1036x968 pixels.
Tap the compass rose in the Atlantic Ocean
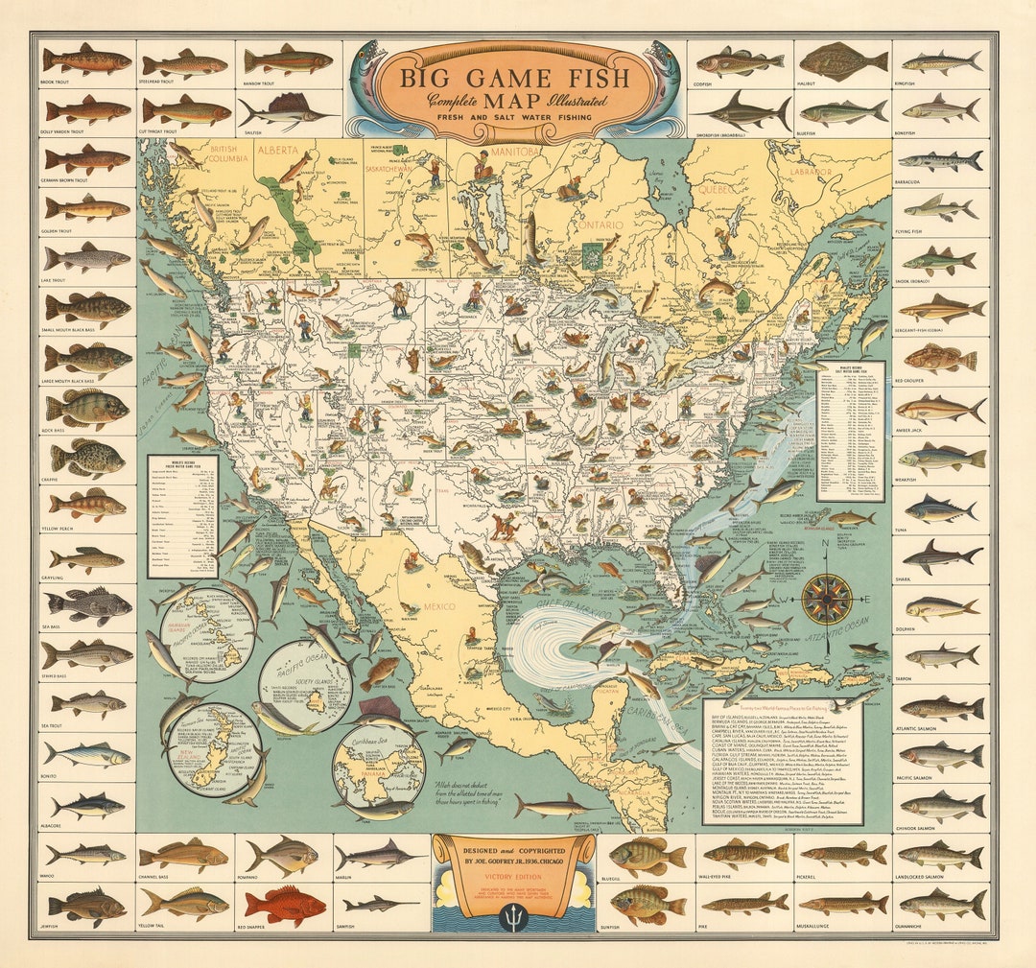pos(826,599)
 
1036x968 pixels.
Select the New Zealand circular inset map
pos(213,749)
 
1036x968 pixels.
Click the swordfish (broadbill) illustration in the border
pos(742,113)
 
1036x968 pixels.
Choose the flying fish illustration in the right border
pos(940,206)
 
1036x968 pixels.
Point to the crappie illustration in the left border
pos(87,458)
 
